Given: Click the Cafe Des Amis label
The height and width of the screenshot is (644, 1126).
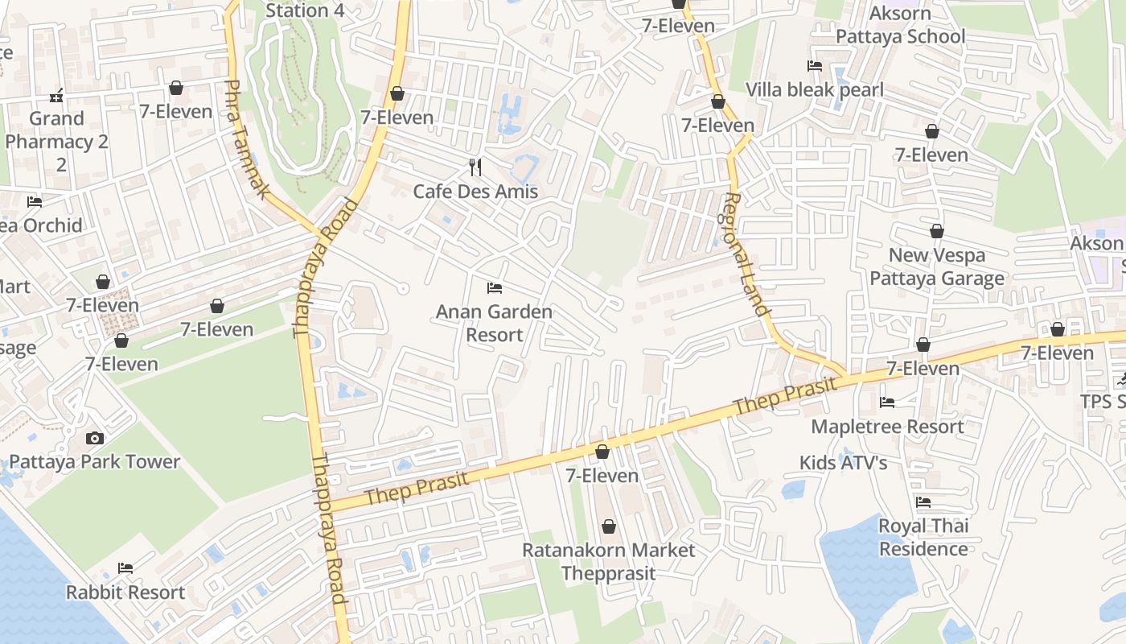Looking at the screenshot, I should coord(475,192).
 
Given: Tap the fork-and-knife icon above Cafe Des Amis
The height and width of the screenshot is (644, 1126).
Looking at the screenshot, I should coord(475,167).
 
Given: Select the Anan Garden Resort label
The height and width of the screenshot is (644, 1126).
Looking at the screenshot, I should coord(494,323).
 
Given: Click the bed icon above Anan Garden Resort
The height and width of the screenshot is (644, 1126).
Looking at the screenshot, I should coord(494,288).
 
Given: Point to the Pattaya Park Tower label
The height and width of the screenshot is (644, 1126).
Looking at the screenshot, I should coord(95,462).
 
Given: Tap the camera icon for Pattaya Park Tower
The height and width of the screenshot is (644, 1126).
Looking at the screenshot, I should coord(95,439).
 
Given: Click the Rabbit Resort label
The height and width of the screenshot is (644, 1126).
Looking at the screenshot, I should coord(125,592).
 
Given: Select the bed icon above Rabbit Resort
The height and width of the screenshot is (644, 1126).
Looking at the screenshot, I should coord(125,568).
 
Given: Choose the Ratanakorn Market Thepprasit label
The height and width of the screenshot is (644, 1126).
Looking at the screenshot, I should coord(609,562).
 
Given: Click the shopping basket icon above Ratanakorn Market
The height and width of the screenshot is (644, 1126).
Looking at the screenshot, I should coord(609,526).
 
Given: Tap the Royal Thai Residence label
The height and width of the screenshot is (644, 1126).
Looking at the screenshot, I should coord(923,538).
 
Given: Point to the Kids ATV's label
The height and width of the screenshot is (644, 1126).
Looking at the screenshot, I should coord(843,463).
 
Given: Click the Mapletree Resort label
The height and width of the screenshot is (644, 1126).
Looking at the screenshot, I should coord(887,427).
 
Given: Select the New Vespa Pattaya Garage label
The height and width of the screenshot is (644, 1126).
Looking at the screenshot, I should coord(937,267).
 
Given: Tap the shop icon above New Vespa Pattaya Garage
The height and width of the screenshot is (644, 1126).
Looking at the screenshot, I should coord(937,232).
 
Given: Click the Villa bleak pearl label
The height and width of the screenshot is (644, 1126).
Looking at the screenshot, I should coord(815,89).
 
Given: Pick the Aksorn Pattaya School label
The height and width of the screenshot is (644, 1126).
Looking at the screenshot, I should coord(901,25).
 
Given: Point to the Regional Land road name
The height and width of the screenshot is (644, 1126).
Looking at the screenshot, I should coord(747,254).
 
